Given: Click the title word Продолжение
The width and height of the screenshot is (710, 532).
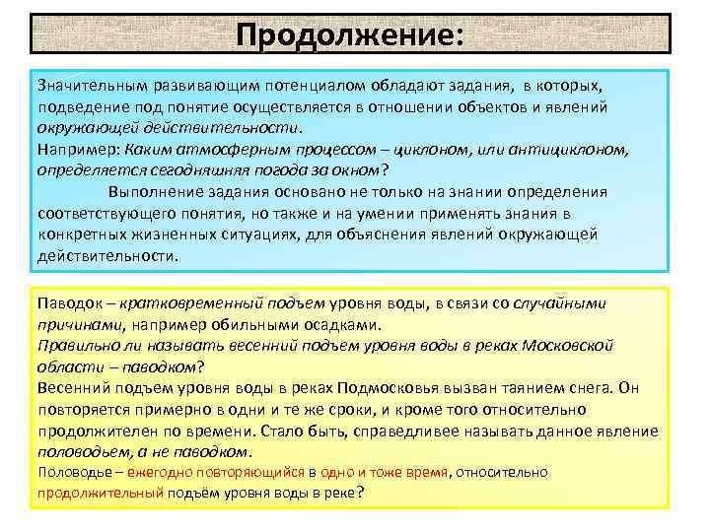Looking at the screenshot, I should coord(344,34).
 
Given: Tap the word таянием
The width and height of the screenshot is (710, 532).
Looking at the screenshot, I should coord(522,388).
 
